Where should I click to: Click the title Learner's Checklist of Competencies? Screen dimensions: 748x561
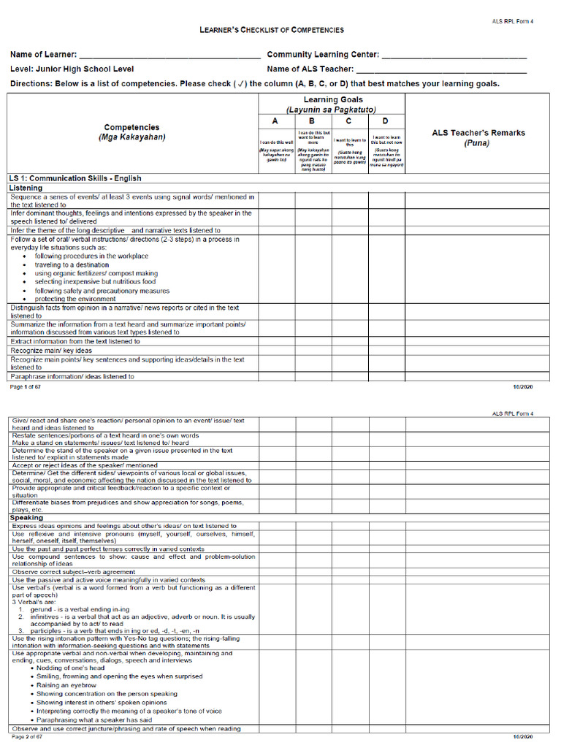click(272, 30)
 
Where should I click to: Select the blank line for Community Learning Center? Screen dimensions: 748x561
click(454, 56)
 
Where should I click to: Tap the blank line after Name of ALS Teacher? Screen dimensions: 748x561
click(441, 69)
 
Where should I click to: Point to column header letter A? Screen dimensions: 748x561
click(276, 121)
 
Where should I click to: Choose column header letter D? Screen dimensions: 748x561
click(386, 121)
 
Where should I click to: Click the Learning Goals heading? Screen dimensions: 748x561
click(331, 100)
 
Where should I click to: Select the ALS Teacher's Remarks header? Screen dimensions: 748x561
click(478, 133)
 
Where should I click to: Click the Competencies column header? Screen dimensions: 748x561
click(131, 127)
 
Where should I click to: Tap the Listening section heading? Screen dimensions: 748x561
click(26, 188)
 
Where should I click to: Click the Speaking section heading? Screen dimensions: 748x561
click(26, 518)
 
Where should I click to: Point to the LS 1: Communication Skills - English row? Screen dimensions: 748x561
click(75, 178)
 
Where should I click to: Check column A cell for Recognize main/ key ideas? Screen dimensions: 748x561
click(276, 351)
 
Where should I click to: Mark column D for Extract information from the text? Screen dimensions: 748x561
click(386, 341)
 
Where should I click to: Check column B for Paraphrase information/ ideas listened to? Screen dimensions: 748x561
click(313, 377)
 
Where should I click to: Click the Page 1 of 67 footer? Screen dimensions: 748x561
click(26, 386)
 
